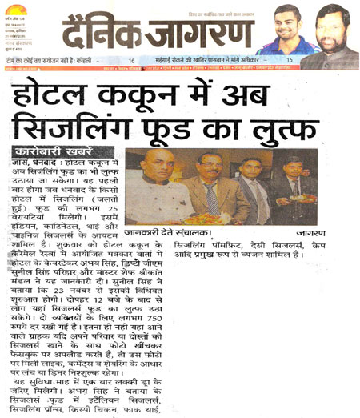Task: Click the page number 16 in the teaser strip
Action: coord(131,61)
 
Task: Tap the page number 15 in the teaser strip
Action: coord(289,61)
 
